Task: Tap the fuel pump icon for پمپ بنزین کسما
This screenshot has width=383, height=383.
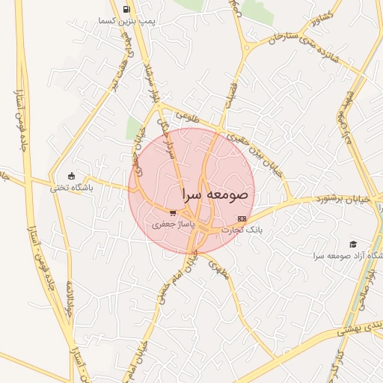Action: point(126,10)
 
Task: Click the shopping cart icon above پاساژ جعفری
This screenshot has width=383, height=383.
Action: point(173,213)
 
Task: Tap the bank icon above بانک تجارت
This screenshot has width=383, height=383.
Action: point(240,218)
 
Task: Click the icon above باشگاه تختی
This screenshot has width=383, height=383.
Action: point(72,177)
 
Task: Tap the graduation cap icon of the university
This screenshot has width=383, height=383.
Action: point(352,244)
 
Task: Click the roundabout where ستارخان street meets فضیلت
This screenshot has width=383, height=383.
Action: point(246,49)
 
